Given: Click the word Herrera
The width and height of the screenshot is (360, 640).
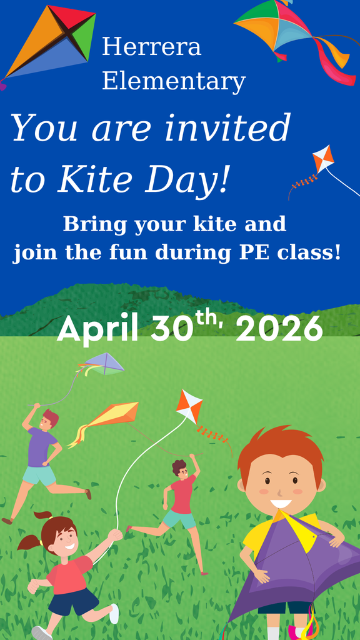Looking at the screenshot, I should (152, 47).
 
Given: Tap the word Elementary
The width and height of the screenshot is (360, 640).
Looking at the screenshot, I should (174, 81).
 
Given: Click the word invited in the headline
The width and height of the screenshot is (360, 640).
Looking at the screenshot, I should (227, 129).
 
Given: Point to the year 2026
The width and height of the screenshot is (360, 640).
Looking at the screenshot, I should (279, 329).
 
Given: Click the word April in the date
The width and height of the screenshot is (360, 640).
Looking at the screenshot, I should (97, 329).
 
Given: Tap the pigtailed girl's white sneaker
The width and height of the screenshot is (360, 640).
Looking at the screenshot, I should (114, 614).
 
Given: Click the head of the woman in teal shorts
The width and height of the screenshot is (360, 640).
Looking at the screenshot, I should (179, 468).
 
